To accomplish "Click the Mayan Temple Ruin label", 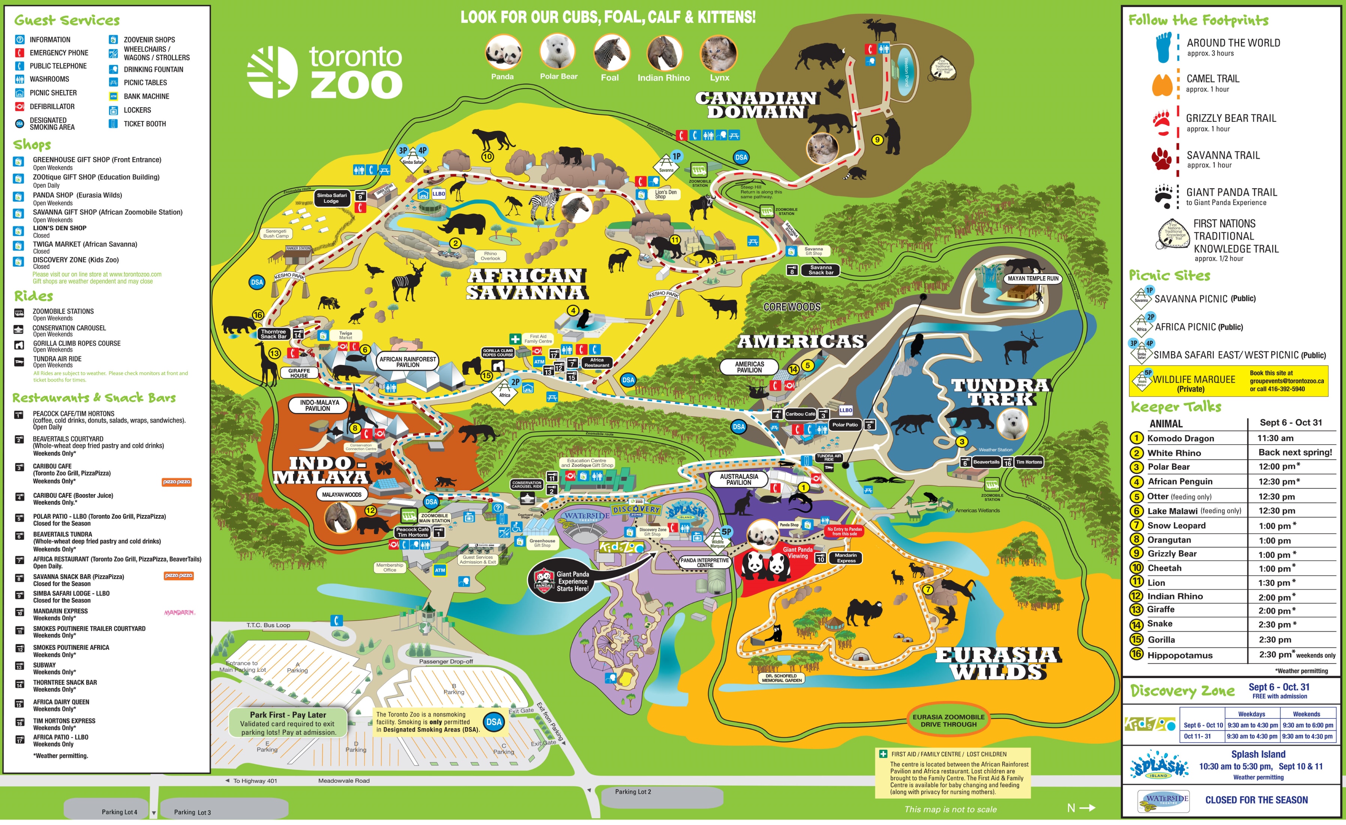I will coord(1033,278).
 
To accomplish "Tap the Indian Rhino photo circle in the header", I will coord(664,54).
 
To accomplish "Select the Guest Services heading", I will coord(67,21).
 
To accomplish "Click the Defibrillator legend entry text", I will coord(52,106).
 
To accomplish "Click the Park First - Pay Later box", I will coord(287,723).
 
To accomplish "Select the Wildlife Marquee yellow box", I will coord(1228,381).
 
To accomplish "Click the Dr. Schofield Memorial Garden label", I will coord(782,678).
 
